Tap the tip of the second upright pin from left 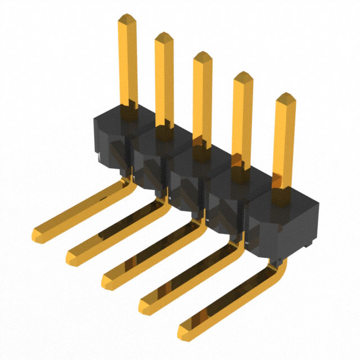pos(164,37)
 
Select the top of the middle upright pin pos(202,56)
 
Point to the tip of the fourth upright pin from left pos(242,76)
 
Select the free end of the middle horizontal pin pos(108,276)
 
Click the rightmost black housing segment pos(281,217)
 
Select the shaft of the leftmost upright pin pos(128,62)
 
